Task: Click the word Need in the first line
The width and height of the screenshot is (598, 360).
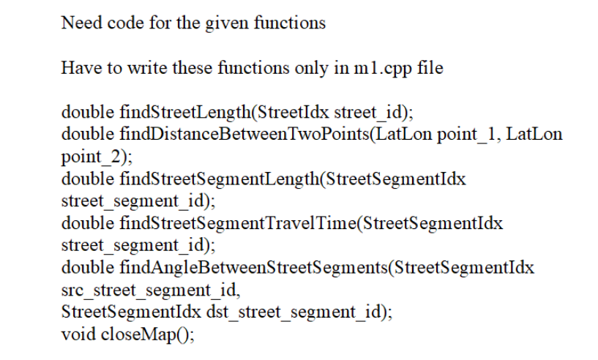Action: [x=82, y=23]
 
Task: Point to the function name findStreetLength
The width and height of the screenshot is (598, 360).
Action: [x=185, y=113]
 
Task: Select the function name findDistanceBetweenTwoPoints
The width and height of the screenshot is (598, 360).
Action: [x=244, y=135]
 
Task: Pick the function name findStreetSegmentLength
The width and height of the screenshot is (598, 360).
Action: [x=220, y=179]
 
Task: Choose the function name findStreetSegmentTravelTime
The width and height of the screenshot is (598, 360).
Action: [x=238, y=223]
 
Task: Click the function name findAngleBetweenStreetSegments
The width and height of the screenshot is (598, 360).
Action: [x=253, y=268]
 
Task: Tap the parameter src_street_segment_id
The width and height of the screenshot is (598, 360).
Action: [x=149, y=290]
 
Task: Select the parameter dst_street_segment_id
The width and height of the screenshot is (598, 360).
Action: [x=294, y=312]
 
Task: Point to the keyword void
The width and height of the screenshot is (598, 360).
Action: [x=78, y=334]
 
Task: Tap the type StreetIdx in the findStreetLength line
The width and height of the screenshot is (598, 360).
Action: [x=294, y=113]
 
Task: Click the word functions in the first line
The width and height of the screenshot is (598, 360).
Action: [x=290, y=23]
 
